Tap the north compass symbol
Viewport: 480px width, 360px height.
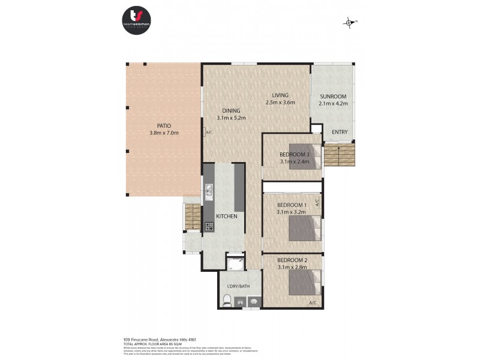pos(350,23)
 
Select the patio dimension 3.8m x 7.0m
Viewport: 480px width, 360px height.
pos(164,133)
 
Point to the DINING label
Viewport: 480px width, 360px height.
pos(231,110)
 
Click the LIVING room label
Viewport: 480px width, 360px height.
pos(280,95)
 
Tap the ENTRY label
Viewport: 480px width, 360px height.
pos(340,132)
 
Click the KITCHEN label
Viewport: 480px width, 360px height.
pos(227,216)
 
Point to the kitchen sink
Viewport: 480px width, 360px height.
pos(209,191)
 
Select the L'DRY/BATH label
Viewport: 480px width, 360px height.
pos(238,286)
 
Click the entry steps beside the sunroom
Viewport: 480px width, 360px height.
pos(340,155)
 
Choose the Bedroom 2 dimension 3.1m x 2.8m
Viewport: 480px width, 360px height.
pos(292,266)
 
